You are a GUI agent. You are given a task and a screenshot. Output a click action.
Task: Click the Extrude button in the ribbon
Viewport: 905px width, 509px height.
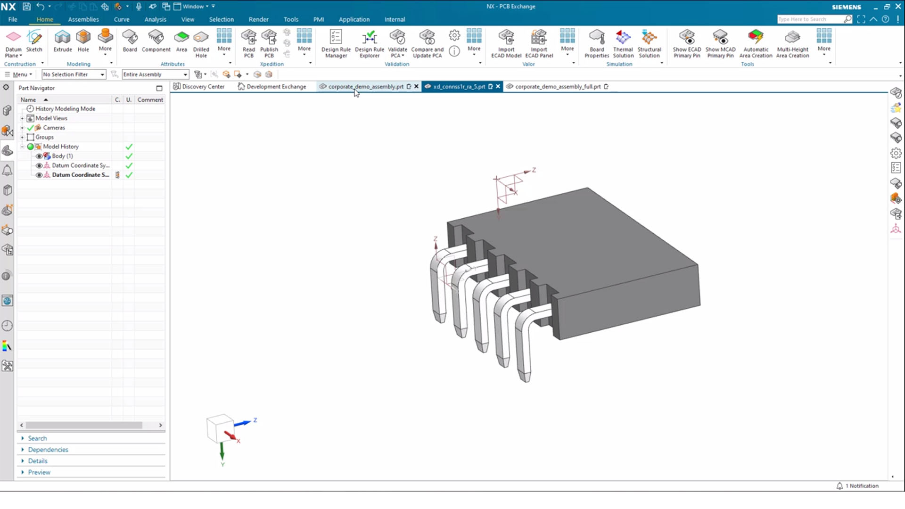[62, 41]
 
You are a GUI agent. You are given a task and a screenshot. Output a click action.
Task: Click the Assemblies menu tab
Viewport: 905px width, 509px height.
[83, 19]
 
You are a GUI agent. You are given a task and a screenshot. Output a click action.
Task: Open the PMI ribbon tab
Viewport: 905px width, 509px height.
[319, 19]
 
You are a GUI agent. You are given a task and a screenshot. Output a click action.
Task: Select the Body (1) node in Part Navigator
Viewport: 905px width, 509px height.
[62, 156]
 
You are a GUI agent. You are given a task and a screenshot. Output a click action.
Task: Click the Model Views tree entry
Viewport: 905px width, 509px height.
[51, 118]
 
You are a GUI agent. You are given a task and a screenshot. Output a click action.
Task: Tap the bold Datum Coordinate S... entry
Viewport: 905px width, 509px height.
[80, 175]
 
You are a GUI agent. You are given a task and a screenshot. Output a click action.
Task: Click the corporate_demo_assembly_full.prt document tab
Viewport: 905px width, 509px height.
[558, 87]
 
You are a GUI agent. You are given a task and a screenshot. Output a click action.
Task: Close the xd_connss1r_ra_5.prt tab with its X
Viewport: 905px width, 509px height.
[498, 87]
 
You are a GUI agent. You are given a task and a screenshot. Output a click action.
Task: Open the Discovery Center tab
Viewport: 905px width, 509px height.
[203, 87]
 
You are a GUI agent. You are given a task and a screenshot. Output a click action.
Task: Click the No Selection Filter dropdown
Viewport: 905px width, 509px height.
[73, 74]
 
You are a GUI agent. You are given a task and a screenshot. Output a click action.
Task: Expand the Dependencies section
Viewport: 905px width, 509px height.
[48, 450]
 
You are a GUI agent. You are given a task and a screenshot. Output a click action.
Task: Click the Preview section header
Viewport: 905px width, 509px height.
[39, 472]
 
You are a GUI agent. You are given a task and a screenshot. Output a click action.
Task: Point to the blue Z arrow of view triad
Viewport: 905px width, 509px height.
[244, 423]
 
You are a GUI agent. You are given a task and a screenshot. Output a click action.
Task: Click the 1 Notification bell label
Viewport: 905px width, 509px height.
[861, 486]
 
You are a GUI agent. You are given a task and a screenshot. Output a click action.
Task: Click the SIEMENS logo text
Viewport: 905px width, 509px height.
[846, 7]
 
